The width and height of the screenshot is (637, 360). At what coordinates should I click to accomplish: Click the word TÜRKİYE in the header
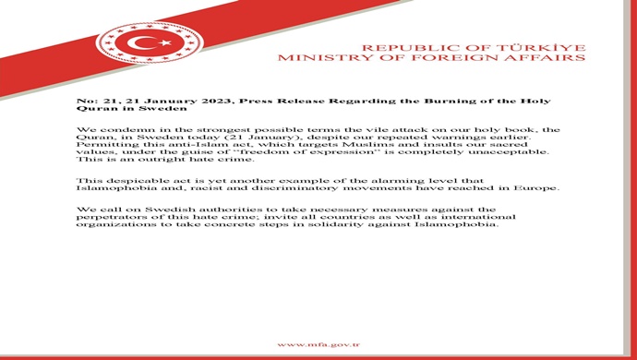coord(544,46)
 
